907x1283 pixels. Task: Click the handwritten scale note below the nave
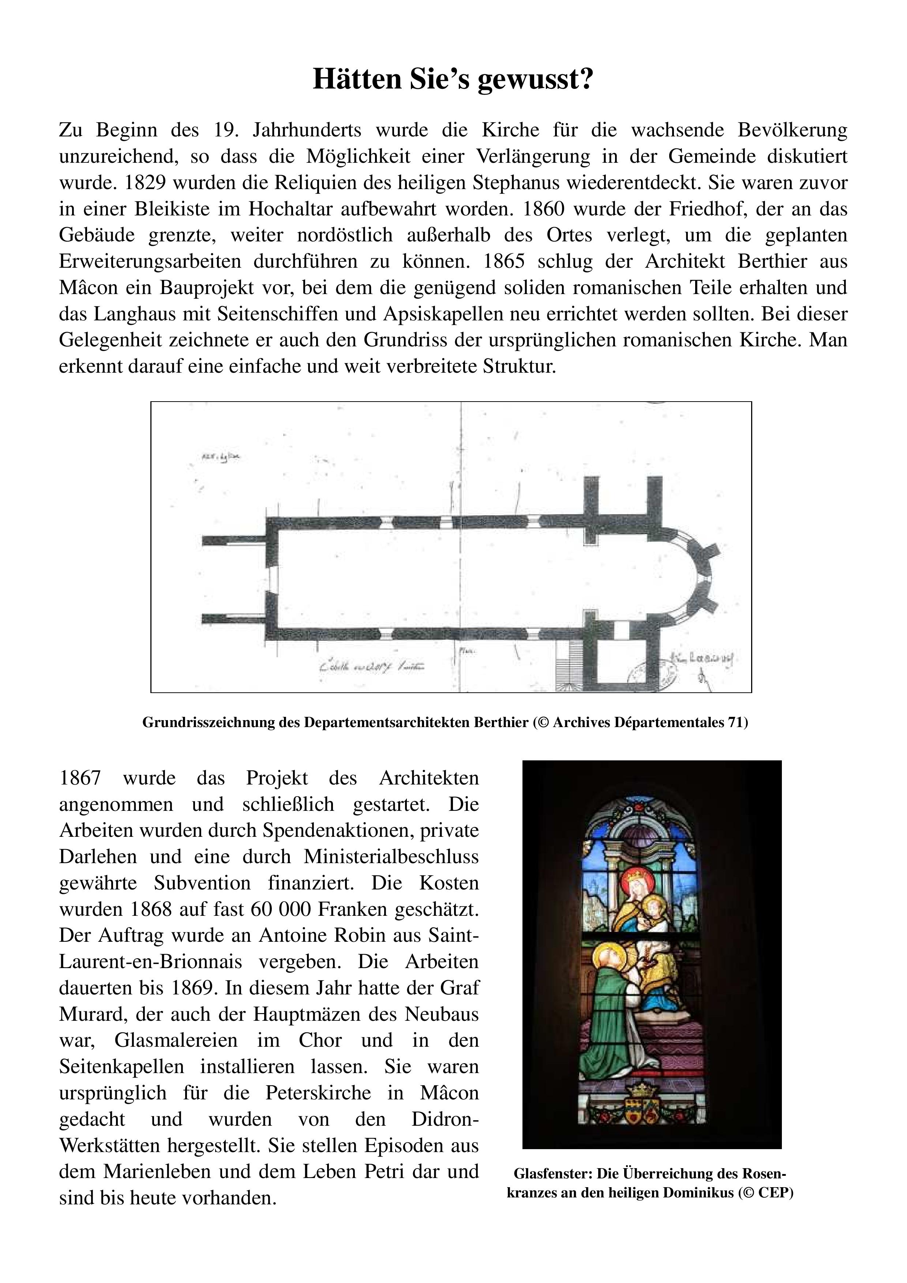[372, 666]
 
